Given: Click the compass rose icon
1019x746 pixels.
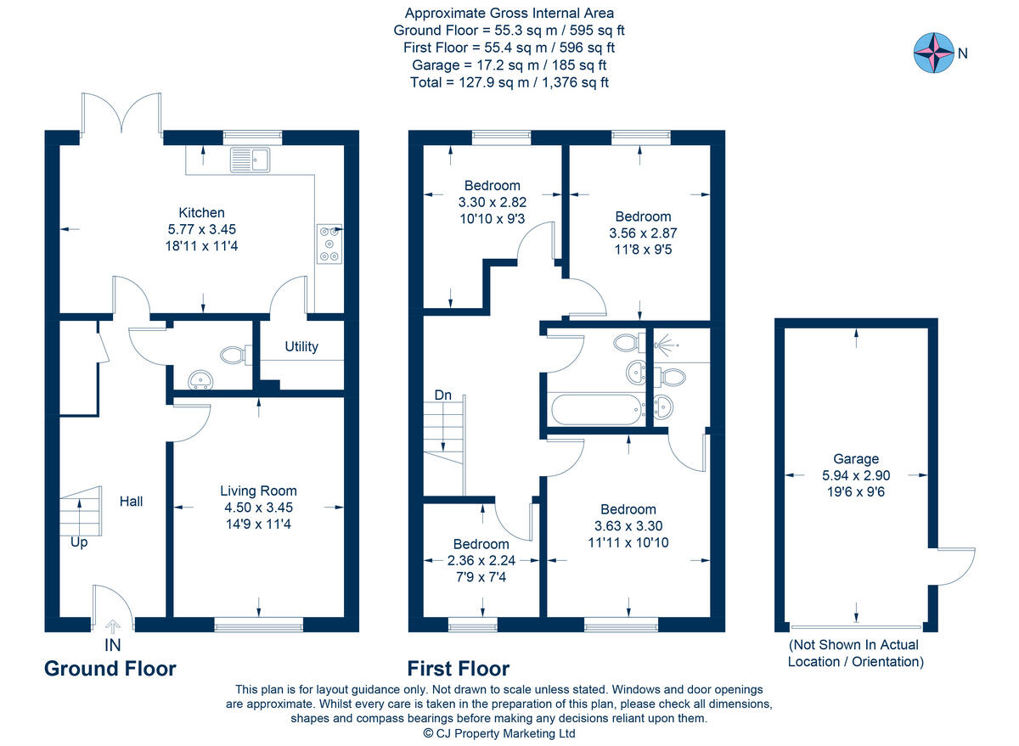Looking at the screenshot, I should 932,53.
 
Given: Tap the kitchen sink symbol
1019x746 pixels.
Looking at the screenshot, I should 249,159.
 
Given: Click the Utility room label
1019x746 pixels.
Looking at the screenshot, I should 301,346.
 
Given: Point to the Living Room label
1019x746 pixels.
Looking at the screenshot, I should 258,491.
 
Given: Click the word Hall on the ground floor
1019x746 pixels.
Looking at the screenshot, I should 131,502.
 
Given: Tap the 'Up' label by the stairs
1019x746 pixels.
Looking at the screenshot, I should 79,541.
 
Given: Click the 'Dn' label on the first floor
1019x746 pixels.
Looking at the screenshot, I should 442,395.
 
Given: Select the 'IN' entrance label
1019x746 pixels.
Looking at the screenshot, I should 112,646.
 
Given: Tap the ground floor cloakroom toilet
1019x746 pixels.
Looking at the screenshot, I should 233,354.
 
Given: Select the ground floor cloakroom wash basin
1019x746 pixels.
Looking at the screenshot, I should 200,380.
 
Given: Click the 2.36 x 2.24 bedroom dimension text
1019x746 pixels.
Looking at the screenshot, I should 481,560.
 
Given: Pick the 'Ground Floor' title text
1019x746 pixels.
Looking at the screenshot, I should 110,669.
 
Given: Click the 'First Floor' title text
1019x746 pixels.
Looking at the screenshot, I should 458,669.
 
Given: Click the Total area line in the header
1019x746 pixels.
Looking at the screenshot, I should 509,82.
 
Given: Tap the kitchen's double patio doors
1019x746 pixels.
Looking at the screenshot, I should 122,115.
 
